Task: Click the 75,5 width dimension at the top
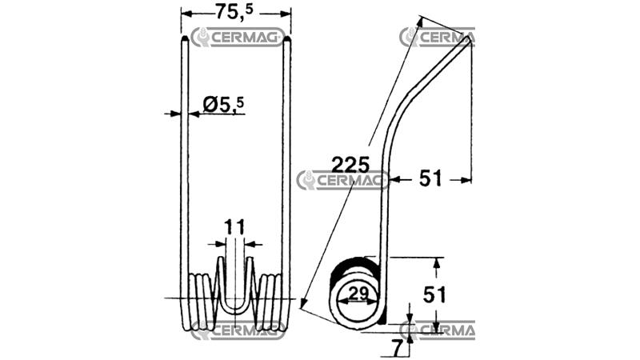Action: (x=234, y=11)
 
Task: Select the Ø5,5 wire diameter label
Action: (x=223, y=105)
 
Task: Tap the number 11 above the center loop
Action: (x=234, y=227)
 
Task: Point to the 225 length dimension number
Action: (x=350, y=165)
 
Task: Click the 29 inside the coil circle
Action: (x=358, y=294)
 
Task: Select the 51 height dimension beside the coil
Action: (x=434, y=294)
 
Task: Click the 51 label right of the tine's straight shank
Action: (x=430, y=178)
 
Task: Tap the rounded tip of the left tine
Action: (x=185, y=38)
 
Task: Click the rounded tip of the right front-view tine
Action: (x=286, y=38)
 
